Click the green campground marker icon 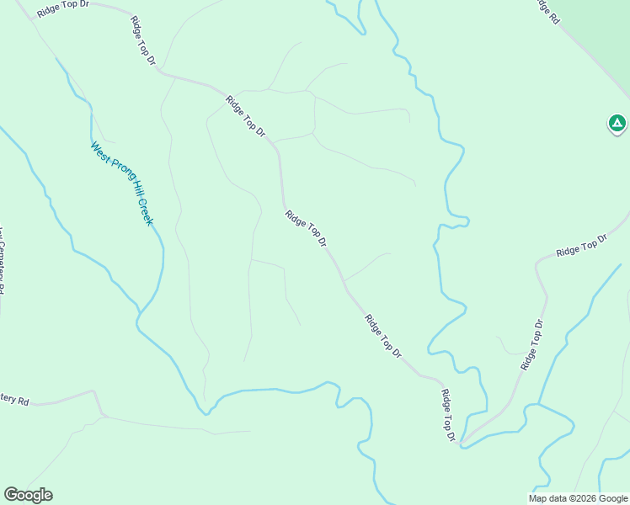point(617,125)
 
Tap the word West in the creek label point(99,152)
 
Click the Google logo point(28,495)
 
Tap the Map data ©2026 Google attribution point(577,498)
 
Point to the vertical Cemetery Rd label point(2,261)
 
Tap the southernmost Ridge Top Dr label point(449,415)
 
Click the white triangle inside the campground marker point(617,124)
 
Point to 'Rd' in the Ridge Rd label point(553,17)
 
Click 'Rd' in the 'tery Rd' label point(24,401)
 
